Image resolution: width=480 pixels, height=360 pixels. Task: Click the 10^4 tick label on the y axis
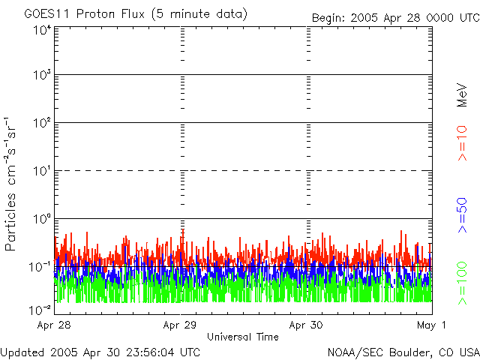(41, 30)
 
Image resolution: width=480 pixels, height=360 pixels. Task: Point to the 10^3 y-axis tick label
(41, 76)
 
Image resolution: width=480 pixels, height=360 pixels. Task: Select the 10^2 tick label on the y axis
(41, 123)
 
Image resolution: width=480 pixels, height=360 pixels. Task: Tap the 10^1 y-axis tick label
(41, 171)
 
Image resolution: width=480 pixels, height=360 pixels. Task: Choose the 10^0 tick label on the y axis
(41, 219)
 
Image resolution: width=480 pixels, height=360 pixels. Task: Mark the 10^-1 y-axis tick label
(40, 266)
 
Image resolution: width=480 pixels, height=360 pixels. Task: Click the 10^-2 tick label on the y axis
(40, 309)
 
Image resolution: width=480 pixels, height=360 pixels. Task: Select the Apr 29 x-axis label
(180, 325)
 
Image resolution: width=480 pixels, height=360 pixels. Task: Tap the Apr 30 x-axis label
(306, 325)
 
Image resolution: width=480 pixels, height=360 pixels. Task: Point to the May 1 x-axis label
(432, 325)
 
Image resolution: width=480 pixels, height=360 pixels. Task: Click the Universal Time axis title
(243, 337)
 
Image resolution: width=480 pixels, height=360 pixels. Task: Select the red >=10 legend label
(463, 142)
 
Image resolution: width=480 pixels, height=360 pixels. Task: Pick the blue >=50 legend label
(463, 214)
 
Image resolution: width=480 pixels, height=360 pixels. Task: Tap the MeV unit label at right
(463, 94)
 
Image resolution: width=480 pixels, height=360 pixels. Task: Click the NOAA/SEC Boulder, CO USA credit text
(403, 352)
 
